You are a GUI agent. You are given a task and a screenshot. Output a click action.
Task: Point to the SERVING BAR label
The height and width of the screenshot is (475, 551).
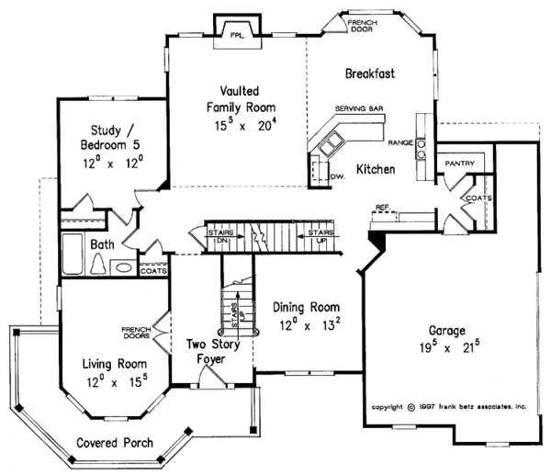tap(358, 107)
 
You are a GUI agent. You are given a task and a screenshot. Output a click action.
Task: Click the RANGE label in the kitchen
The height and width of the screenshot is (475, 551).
tap(399, 143)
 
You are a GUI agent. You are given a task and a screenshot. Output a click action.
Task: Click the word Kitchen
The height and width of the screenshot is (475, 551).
tap(375, 169)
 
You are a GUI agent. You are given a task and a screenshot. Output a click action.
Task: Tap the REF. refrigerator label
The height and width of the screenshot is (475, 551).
tap(382, 208)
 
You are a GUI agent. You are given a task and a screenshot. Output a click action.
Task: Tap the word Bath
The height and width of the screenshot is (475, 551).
tap(102, 245)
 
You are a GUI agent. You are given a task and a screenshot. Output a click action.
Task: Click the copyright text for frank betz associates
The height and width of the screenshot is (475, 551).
tap(452, 405)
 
